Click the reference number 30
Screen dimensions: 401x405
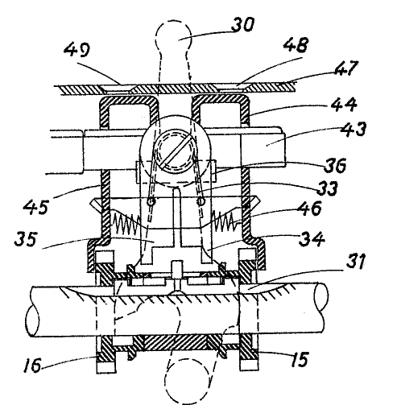(x=242, y=25)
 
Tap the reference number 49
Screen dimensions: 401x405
(x=77, y=50)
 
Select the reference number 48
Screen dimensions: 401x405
(x=296, y=45)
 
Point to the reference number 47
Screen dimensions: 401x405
(x=346, y=68)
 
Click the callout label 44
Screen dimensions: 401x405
(x=344, y=105)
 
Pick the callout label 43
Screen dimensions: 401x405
(x=353, y=130)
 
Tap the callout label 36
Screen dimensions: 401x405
(x=335, y=166)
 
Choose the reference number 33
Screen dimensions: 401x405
(x=327, y=188)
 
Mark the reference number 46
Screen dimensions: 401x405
(x=309, y=208)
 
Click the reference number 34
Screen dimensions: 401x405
(x=312, y=239)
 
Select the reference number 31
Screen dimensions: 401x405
(x=356, y=262)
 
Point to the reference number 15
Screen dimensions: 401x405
(x=300, y=359)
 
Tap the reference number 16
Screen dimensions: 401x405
(x=32, y=365)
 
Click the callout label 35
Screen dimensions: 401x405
(x=25, y=239)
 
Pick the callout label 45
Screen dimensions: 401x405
(x=35, y=207)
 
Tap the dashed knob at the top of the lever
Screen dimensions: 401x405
(x=174, y=35)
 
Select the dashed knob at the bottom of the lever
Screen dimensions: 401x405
(x=187, y=381)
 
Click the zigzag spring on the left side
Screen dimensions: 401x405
(x=126, y=220)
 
